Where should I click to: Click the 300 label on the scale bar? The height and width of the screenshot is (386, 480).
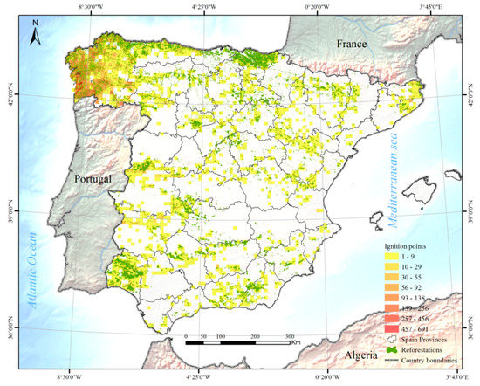pos(289,335)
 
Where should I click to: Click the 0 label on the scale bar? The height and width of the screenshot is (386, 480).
pos(187,335)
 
